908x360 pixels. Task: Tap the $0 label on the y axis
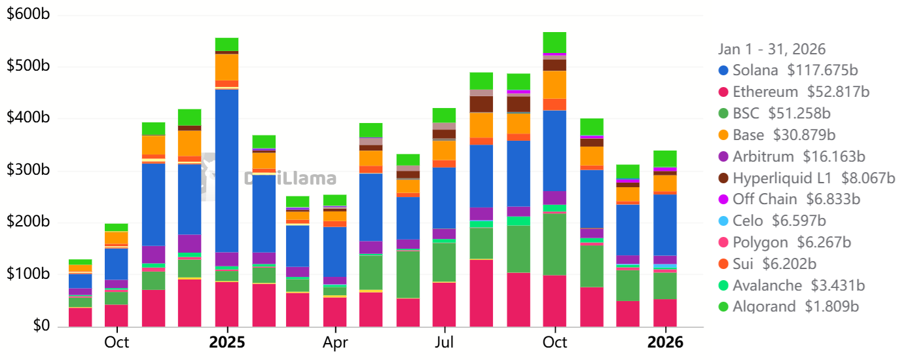(x=40, y=326)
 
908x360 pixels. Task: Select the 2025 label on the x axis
(x=227, y=342)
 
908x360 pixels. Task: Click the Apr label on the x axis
(x=335, y=342)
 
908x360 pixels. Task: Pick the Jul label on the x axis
(x=444, y=342)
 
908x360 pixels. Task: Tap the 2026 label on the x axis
(x=666, y=342)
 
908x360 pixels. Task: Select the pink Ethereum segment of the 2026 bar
(x=665, y=313)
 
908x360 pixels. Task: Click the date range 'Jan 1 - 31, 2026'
(x=772, y=49)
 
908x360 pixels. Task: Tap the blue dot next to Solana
(x=723, y=71)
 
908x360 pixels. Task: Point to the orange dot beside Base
(x=723, y=135)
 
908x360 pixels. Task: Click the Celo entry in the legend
(x=747, y=221)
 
